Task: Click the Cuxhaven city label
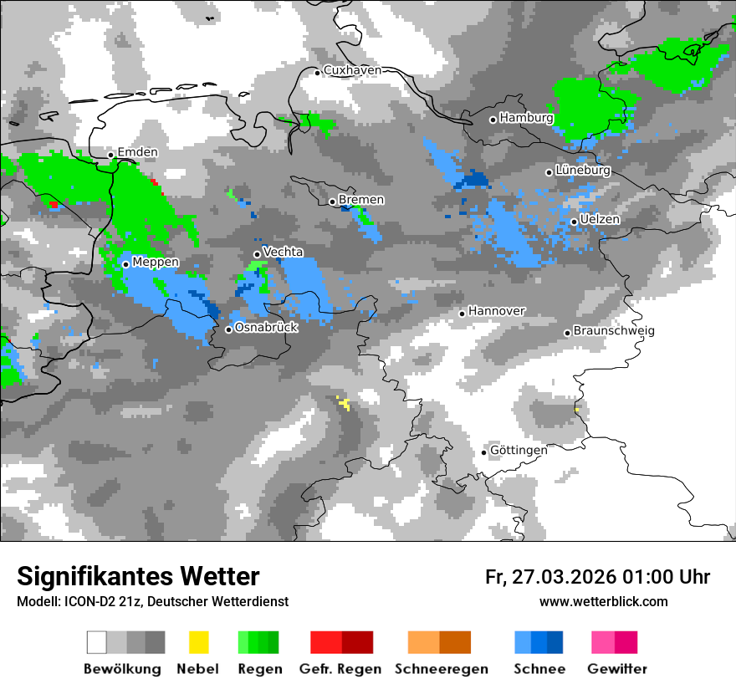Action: [x=352, y=70]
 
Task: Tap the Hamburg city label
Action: [x=526, y=118]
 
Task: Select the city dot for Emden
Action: [x=110, y=155]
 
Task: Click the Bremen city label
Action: [x=361, y=199]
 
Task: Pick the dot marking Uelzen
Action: [x=574, y=222]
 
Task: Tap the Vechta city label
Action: [x=283, y=252]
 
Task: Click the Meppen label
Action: [x=156, y=263]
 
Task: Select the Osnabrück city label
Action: [x=266, y=328]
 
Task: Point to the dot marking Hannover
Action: [x=462, y=314]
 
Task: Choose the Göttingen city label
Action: [x=519, y=450]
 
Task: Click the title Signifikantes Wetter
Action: [x=138, y=576]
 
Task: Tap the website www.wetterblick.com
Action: [x=603, y=601]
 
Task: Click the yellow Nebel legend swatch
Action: [x=198, y=642]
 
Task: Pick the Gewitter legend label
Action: [x=617, y=669]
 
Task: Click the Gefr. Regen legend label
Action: [x=340, y=669]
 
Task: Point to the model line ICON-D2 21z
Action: [x=152, y=601]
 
